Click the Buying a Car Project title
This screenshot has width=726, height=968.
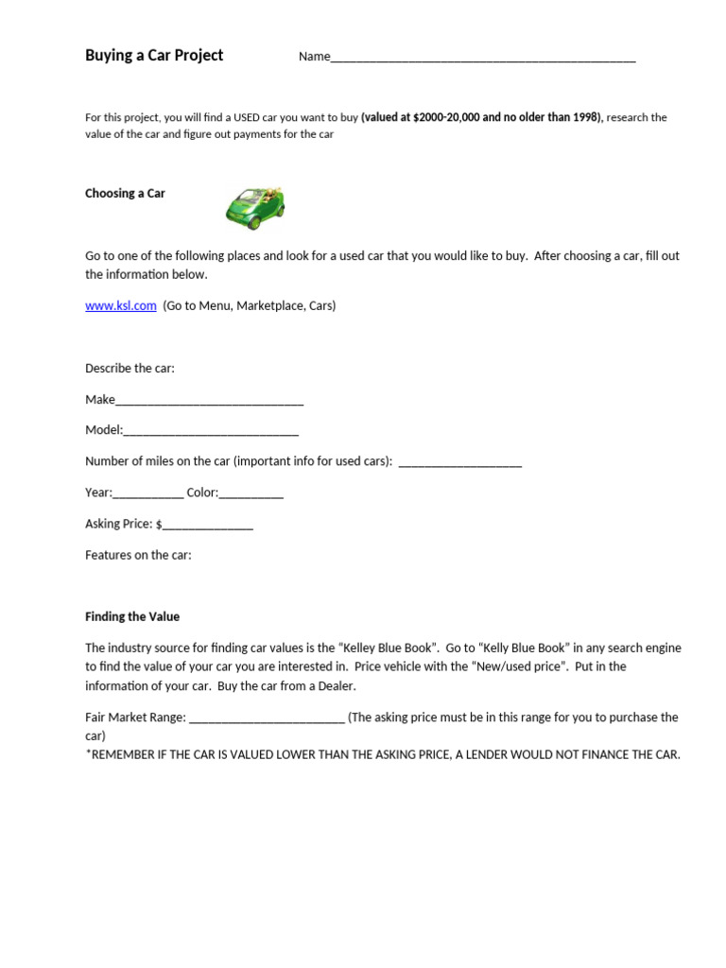click(154, 56)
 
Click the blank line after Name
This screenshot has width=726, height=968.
click(482, 57)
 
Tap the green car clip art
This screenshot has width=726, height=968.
click(255, 207)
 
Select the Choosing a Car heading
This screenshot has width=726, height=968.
click(125, 194)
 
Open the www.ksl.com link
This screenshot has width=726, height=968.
click(120, 306)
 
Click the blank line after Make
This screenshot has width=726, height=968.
click(209, 401)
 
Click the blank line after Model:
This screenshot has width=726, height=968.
click(211, 431)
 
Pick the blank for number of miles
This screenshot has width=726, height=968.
click(460, 463)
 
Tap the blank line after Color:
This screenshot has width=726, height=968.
click(251, 493)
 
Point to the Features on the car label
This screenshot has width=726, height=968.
click(138, 556)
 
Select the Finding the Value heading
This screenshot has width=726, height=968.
click(132, 617)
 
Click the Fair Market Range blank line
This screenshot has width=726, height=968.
click(267, 718)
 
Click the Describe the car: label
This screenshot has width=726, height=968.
click(130, 369)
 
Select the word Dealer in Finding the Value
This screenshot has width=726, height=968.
click(336, 686)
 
